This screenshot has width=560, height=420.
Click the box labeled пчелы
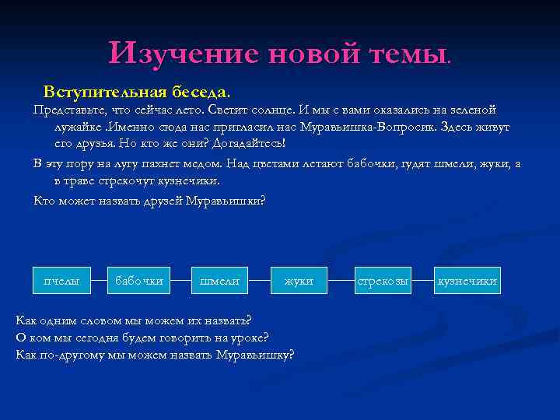62,281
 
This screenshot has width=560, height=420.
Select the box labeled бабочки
139,281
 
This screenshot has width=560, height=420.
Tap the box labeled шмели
220,281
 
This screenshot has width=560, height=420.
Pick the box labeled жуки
299,281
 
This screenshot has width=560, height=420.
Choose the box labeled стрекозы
382,281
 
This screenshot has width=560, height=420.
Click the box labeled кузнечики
467,281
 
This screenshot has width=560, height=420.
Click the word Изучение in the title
184,54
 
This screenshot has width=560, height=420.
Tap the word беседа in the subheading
194,91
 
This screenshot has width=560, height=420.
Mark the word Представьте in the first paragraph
68,110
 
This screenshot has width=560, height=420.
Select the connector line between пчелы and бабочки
100,281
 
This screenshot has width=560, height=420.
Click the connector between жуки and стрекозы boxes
338,281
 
